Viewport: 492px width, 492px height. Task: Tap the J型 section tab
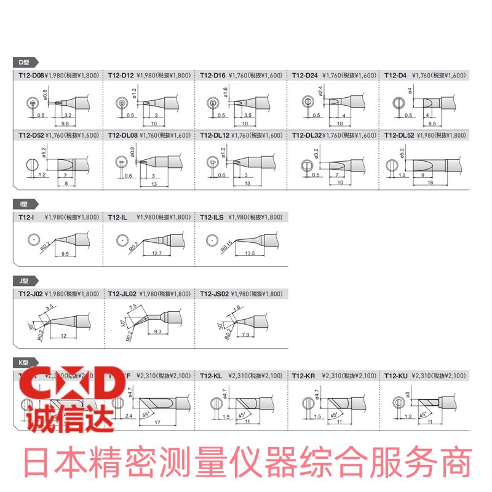click(25, 280)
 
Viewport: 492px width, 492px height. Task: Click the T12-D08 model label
click(31, 75)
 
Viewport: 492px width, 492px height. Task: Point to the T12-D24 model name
click(304, 75)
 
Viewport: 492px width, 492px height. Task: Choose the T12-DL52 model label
click(399, 135)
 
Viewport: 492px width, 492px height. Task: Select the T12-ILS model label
click(212, 217)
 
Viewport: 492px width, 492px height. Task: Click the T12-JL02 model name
click(122, 294)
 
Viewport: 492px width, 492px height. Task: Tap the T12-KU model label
click(396, 375)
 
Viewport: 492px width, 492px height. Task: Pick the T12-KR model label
click(304, 375)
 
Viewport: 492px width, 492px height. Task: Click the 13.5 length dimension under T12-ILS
click(249, 253)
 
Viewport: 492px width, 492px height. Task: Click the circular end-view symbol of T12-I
click(31, 239)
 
